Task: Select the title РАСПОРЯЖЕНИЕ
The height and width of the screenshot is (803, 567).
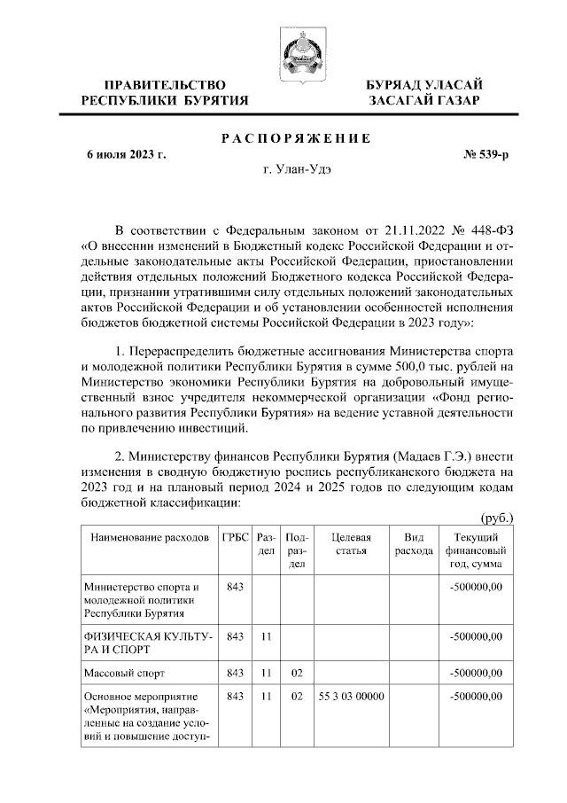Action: click(294, 138)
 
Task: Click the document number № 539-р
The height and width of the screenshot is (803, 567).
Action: click(486, 155)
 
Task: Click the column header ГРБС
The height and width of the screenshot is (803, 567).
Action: click(235, 538)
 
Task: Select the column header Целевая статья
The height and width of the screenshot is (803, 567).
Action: click(350, 544)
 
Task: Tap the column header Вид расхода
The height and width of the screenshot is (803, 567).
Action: click(413, 544)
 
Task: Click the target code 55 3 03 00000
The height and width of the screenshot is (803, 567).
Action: click(350, 698)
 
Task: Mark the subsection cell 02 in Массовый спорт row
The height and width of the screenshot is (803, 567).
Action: click(298, 673)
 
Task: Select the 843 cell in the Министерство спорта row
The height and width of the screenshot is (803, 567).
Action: click(235, 587)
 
